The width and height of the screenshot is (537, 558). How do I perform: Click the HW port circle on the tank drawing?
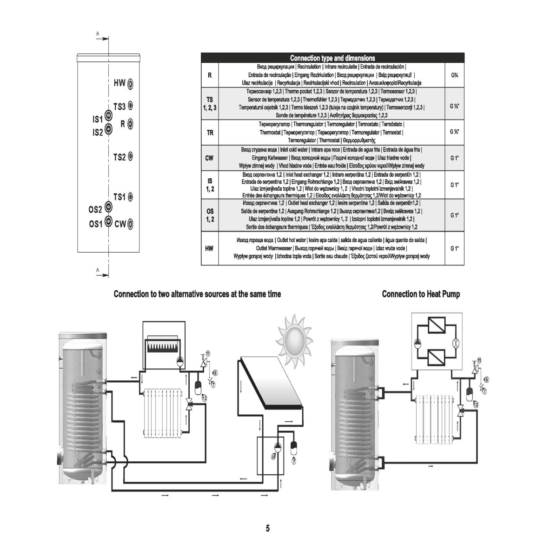tap(131, 84)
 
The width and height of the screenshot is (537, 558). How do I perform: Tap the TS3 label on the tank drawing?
tap(119, 106)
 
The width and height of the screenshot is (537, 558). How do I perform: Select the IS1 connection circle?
tap(108, 115)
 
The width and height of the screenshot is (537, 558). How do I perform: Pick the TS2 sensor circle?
tap(131, 156)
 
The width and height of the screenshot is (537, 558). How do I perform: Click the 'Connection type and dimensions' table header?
tap(332, 58)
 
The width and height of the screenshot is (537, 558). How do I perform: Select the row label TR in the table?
tap(210, 133)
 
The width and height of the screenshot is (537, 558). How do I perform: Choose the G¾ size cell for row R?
tap(454, 74)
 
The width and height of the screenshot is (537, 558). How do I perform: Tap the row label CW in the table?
tap(210, 158)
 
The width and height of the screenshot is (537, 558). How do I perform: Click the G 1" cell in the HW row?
tap(454, 249)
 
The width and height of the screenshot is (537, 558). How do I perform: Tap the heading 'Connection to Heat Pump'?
tap(421, 294)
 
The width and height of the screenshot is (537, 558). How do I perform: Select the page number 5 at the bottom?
tap(268, 529)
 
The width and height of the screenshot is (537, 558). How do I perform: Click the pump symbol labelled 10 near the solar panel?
tap(277, 448)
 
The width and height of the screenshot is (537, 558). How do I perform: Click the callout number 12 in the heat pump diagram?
tap(476, 405)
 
